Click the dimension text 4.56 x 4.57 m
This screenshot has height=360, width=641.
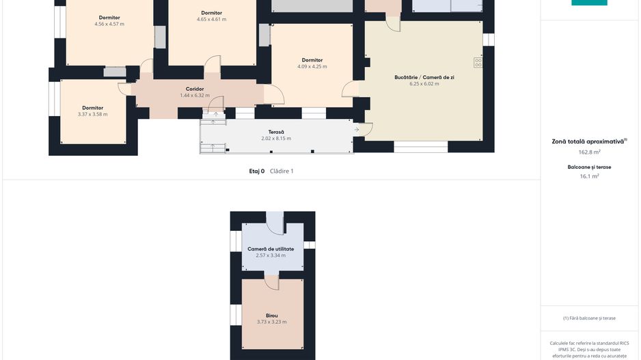(x=109, y=24)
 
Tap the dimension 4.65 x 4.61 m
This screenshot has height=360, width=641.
(x=211, y=19)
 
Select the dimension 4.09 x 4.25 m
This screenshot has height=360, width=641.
(x=312, y=67)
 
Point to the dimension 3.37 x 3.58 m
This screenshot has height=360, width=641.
(x=92, y=114)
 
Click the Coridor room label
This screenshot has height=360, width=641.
(x=195, y=89)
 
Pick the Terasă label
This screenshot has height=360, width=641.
(x=276, y=132)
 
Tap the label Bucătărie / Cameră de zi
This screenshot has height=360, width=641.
(x=424, y=77)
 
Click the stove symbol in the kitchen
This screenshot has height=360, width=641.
(x=478, y=63)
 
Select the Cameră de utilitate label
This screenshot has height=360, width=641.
(x=271, y=249)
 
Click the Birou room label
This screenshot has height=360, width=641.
(x=272, y=316)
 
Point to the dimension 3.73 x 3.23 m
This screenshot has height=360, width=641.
(x=272, y=322)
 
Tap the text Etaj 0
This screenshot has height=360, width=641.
(x=257, y=171)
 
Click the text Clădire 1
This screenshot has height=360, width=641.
(x=282, y=171)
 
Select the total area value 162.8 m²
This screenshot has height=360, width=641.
(x=589, y=152)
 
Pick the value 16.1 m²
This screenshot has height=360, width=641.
(x=589, y=176)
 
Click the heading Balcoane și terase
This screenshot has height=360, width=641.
(x=589, y=167)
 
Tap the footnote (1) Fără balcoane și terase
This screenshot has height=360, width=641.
(x=589, y=318)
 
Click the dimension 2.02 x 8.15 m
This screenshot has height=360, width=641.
(x=276, y=139)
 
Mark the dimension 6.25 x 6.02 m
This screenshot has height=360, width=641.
(x=424, y=84)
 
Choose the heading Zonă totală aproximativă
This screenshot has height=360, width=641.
(x=588, y=142)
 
